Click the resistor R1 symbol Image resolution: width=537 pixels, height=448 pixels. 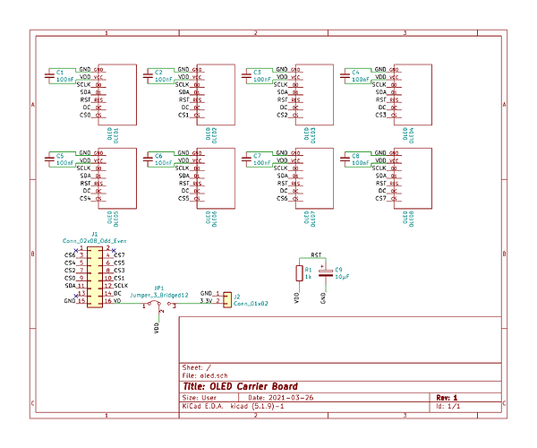tap(299, 272)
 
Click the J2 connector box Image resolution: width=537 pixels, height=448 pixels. tap(226, 298)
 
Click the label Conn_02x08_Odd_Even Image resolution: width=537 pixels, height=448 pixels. tap(94, 241)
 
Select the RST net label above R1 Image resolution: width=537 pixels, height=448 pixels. tap(315, 254)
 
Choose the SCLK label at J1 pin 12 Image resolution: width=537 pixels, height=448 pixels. tap(121, 286)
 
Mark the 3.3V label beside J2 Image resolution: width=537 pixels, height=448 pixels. tap(206, 302)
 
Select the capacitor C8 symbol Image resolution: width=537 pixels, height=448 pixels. tap(345, 159)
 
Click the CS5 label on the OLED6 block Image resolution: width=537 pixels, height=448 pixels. tap(183, 198)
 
